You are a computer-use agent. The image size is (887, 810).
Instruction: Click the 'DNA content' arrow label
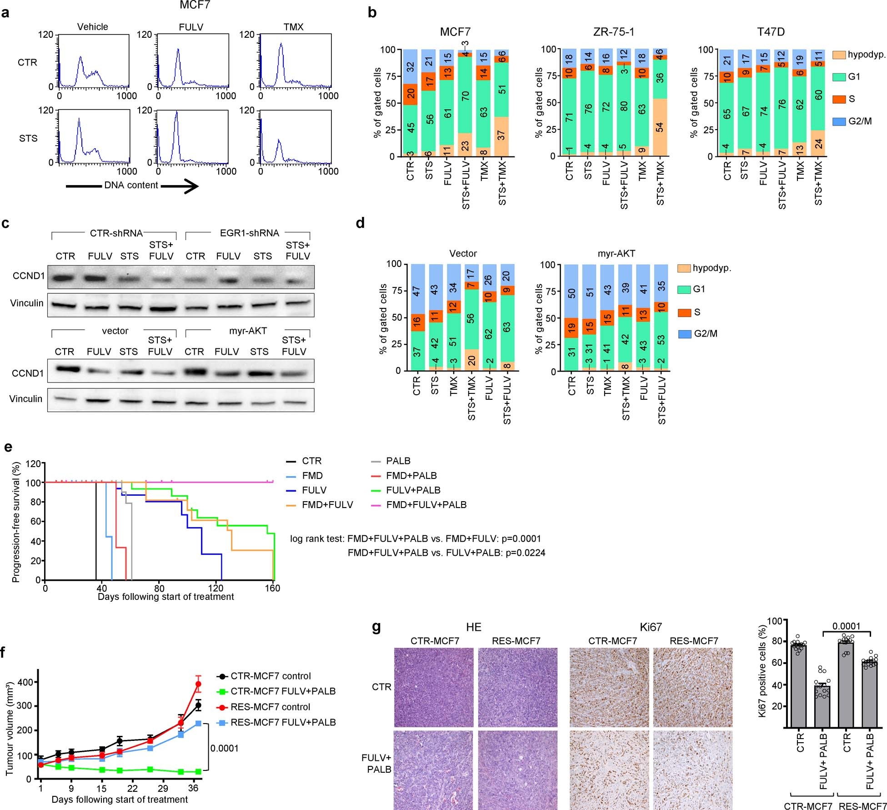click(x=131, y=185)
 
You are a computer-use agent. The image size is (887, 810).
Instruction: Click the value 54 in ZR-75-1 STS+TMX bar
click(x=660, y=127)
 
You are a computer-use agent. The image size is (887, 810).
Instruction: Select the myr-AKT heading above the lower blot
click(x=248, y=331)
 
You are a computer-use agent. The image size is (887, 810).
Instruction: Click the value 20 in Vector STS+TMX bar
click(x=471, y=360)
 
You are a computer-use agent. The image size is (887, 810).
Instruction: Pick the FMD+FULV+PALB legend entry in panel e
click(x=426, y=504)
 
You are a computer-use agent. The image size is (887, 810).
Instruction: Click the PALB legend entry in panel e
click(x=398, y=461)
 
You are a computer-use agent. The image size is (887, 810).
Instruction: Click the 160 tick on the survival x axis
click(x=273, y=588)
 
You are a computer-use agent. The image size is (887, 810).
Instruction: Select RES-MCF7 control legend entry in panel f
click(x=271, y=707)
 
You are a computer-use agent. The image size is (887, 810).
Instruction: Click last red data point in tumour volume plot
click(x=198, y=684)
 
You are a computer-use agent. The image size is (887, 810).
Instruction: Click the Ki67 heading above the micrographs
click(x=651, y=627)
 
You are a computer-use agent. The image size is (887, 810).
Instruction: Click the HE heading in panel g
click(x=473, y=627)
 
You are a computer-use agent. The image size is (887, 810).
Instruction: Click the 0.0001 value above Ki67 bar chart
click(x=847, y=626)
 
